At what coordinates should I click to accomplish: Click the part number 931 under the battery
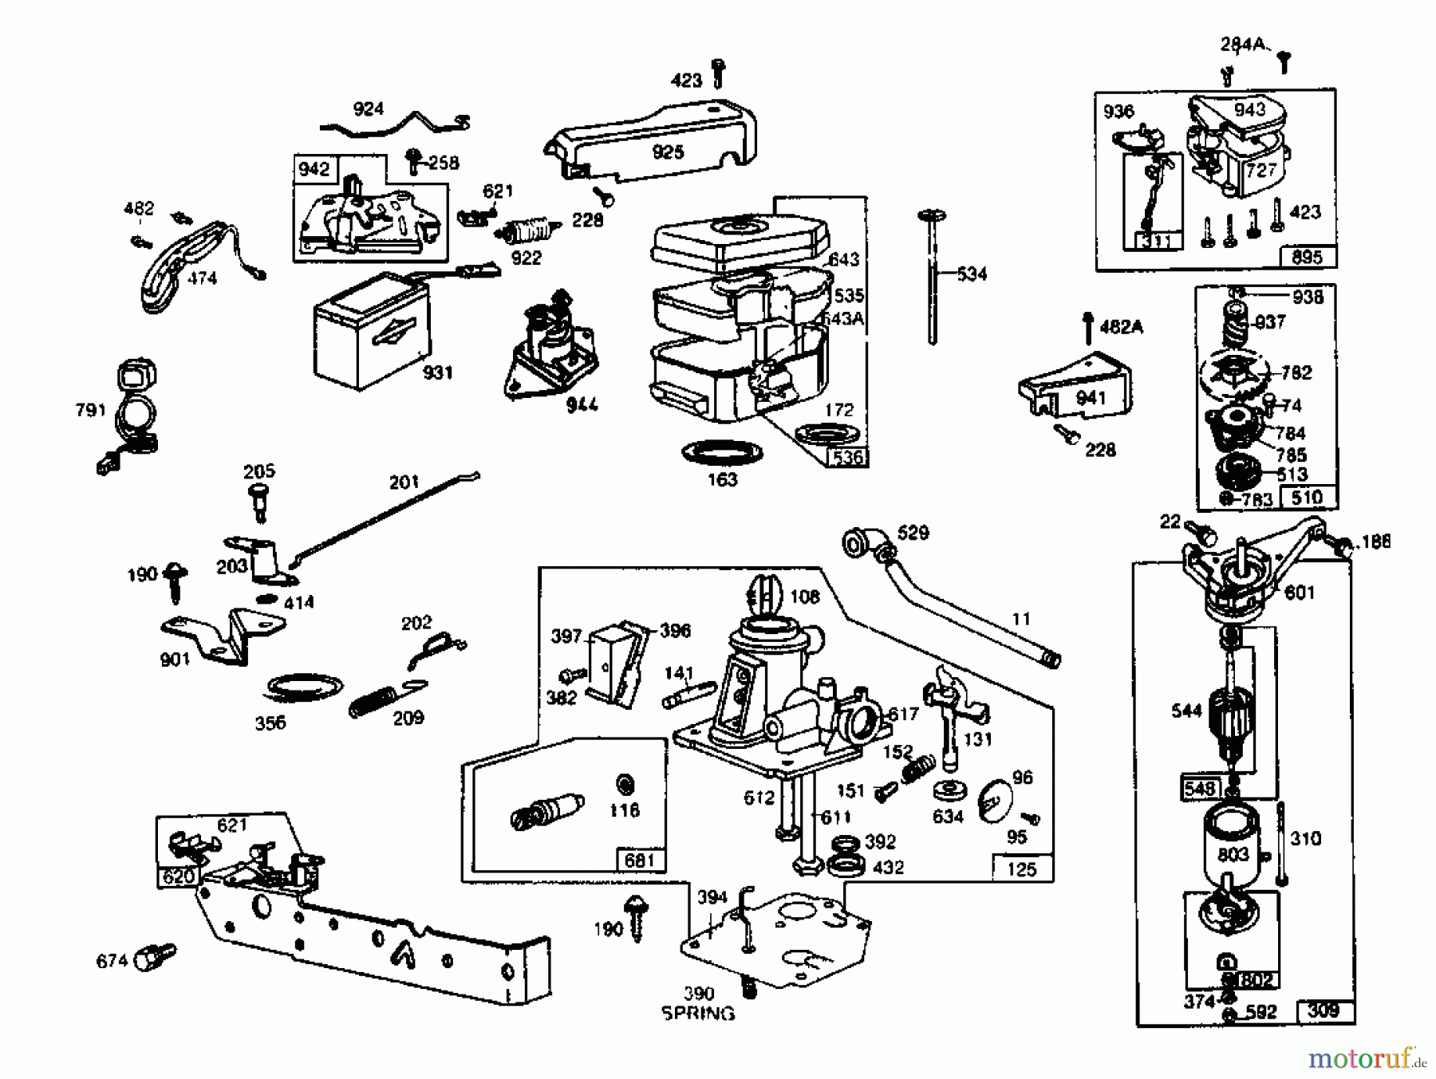[437, 372]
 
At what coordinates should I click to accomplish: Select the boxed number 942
[314, 169]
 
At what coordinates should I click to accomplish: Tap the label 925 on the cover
[668, 152]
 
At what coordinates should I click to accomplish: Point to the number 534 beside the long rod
[972, 274]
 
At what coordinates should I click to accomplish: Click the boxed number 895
[1307, 257]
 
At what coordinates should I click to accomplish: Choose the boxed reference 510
[1307, 498]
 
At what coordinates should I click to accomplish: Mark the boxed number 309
[1323, 1011]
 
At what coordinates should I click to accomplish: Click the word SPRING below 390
[698, 1014]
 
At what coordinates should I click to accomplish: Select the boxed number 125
[1021, 868]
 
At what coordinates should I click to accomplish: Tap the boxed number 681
[639, 860]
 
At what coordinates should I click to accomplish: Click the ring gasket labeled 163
[722, 454]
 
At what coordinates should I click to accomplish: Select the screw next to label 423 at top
[718, 72]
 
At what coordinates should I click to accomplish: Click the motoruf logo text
[1361, 1057]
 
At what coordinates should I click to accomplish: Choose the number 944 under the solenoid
[582, 405]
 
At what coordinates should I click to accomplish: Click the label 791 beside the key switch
[90, 410]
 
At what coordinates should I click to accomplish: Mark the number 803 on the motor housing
[1233, 855]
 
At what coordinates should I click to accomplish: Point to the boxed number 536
[847, 457]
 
